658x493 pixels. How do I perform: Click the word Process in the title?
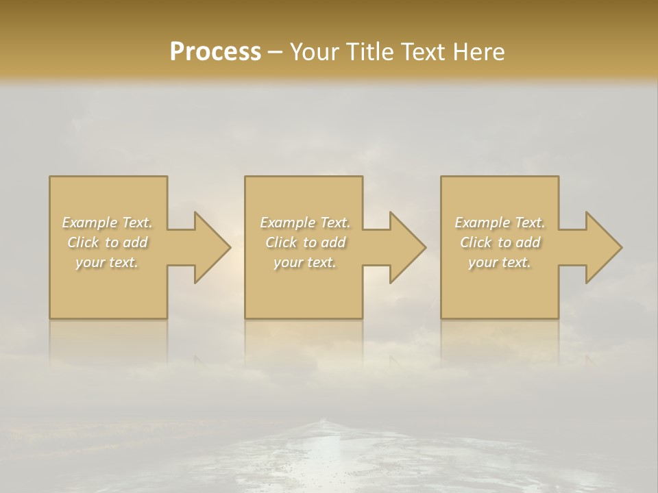click(x=215, y=52)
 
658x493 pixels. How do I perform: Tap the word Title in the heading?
click(x=371, y=52)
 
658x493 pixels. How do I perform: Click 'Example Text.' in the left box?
click(x=108, y=223)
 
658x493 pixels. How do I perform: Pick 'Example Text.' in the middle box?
click(x=305, y=223)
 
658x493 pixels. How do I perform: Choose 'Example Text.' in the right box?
click(x=500, y=223)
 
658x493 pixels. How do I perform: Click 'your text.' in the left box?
click(x=108, y=262)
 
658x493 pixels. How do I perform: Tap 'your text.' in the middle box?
click(x=305, y=262)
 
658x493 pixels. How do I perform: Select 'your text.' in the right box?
click(x=500, y=262)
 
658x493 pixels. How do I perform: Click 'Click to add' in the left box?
click(x=108, y=242)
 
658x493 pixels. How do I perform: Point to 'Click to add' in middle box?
click(x=305, y=242)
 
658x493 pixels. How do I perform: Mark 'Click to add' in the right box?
click(x=500, y=242)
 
